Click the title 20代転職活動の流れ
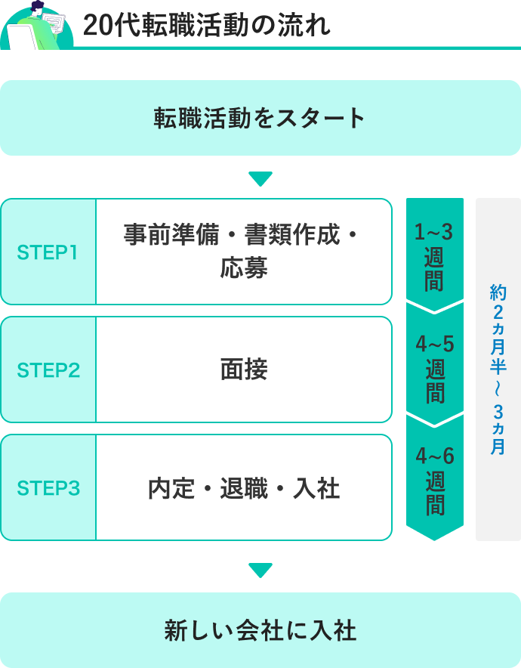coord(206,25)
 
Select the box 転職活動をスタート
coord(260,118)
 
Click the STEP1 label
coord(48,252)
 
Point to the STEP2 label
coord(48,370)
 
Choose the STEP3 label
coord(48,488)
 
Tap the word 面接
coord(244,370)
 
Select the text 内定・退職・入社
coord(244,488)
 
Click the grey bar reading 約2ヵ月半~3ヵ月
coord(498,370)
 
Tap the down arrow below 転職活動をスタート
coord(260,179)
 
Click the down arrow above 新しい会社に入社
coord(260,571)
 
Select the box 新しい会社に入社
coord(260,630)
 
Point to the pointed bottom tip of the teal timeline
coord(435,537)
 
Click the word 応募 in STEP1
coord(244,268)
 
